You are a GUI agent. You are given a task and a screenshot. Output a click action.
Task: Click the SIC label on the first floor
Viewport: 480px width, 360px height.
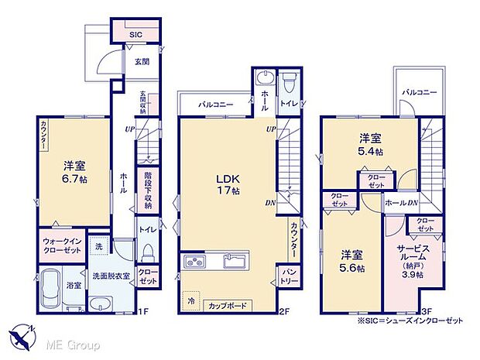[x=135, y=34]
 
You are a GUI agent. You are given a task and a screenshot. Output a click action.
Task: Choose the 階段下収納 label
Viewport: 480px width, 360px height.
[x=148, y=191]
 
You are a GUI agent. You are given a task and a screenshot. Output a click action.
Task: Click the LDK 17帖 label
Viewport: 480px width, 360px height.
[x=229, y=182]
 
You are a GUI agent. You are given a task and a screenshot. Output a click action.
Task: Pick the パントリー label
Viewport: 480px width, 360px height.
[x=287, y=274]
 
